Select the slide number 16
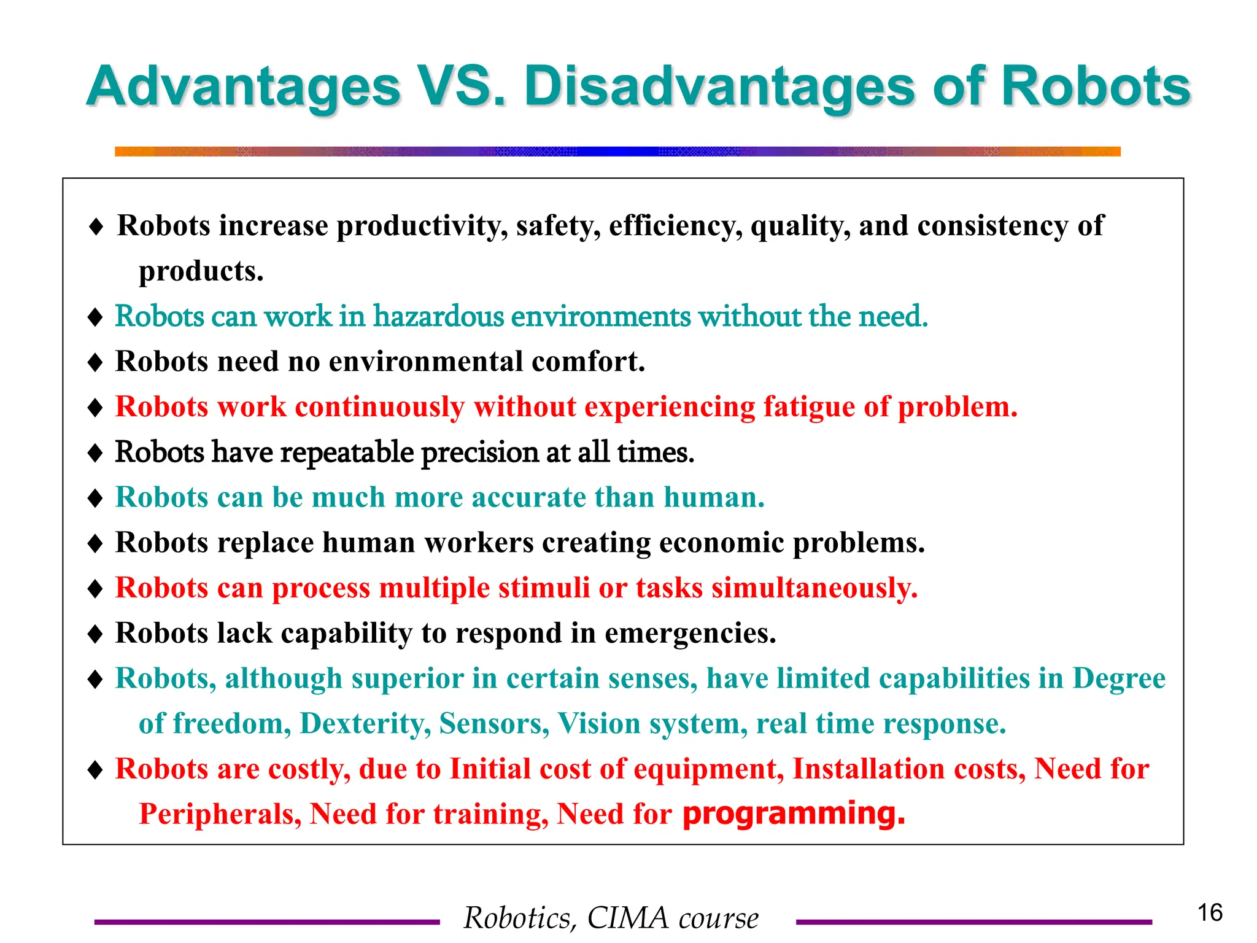(1210, 912)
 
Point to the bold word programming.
(793, 813)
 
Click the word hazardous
(438, 317)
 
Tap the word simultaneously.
(814, 588)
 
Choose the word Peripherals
(220, 814)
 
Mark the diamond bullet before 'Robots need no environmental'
(95, 362)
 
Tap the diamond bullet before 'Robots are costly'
(95, 769)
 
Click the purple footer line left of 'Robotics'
(266, 922)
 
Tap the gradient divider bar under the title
(617, 152)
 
